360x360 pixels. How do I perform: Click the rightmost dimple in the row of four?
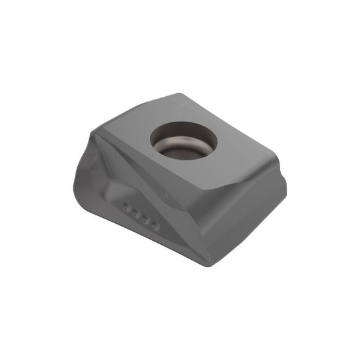point(154,226)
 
